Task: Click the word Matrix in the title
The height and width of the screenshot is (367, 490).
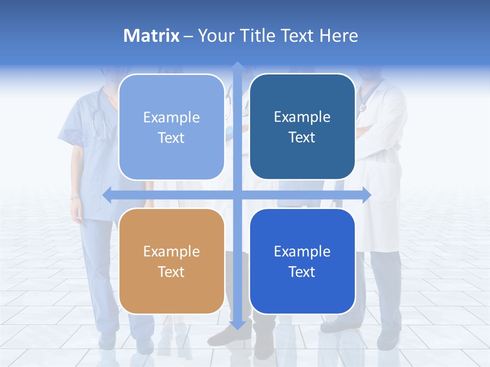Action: tap(152, 36)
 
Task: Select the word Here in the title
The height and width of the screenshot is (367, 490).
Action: tap(339, 36)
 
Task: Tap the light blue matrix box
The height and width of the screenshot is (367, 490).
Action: tap(171, 127)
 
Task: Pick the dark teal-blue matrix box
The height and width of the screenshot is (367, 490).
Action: tap(302, 126)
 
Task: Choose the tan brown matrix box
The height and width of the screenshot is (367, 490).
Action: tap(171, 261)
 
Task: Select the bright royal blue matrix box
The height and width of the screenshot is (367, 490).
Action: tap(302, 261)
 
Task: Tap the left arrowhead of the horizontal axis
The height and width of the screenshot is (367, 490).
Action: tap(107, 195)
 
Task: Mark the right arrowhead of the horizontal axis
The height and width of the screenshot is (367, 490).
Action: tap(366, 195)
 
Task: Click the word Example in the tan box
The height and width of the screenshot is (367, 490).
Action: tap(171, 251)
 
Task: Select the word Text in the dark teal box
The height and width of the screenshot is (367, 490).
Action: tap(302, 137)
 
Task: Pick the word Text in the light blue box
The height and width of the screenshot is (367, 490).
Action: tap(171, 138)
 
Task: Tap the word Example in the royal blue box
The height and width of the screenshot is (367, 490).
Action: tap(302, 251)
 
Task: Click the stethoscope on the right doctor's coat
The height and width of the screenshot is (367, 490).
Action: tap(365, 99)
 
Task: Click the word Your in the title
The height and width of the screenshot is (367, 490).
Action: tap(215, 36)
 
